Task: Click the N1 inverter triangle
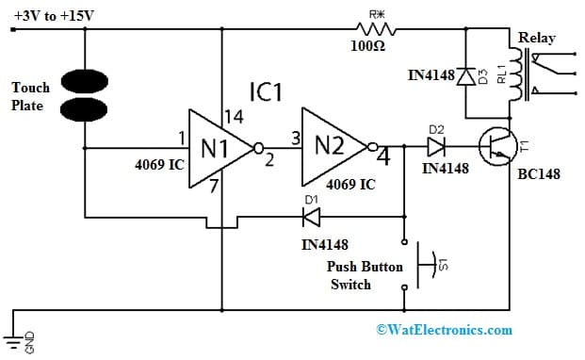pos(216,149)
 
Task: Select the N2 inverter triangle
pos(333,147)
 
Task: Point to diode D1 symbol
pos(311,217)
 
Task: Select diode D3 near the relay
pos(464,76)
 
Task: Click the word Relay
pos(536,38)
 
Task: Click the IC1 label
pos(266,92)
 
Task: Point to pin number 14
pos(233,117)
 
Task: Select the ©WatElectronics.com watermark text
pos(444,329)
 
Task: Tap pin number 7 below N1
pos(214,186)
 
